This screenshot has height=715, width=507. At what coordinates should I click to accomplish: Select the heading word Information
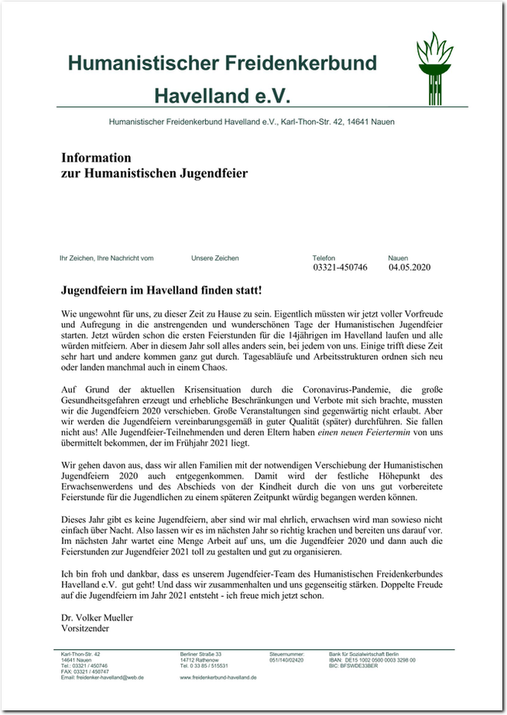tap(97, 158)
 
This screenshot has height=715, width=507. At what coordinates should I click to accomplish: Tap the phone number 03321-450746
tap(340, 268)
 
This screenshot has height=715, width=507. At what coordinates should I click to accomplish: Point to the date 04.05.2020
tap(409, 268)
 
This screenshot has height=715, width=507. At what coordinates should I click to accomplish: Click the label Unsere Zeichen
tap(215, 258)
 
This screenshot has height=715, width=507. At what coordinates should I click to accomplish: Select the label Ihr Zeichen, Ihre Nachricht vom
tap(107, 258)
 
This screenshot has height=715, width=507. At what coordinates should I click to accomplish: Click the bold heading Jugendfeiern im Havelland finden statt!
tap(161, 290)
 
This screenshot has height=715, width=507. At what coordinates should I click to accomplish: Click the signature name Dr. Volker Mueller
tap(97, 618)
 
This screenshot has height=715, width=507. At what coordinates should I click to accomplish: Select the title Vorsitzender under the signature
tap(85, 629)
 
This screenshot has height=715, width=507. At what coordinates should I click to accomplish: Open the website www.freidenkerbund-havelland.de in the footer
tap(218, 677)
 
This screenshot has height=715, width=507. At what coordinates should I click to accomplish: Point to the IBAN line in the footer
tap(372, 660)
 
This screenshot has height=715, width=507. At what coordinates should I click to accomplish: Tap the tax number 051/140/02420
tap(287, 660)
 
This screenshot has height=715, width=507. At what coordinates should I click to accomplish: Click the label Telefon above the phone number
tap(324, 258)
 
